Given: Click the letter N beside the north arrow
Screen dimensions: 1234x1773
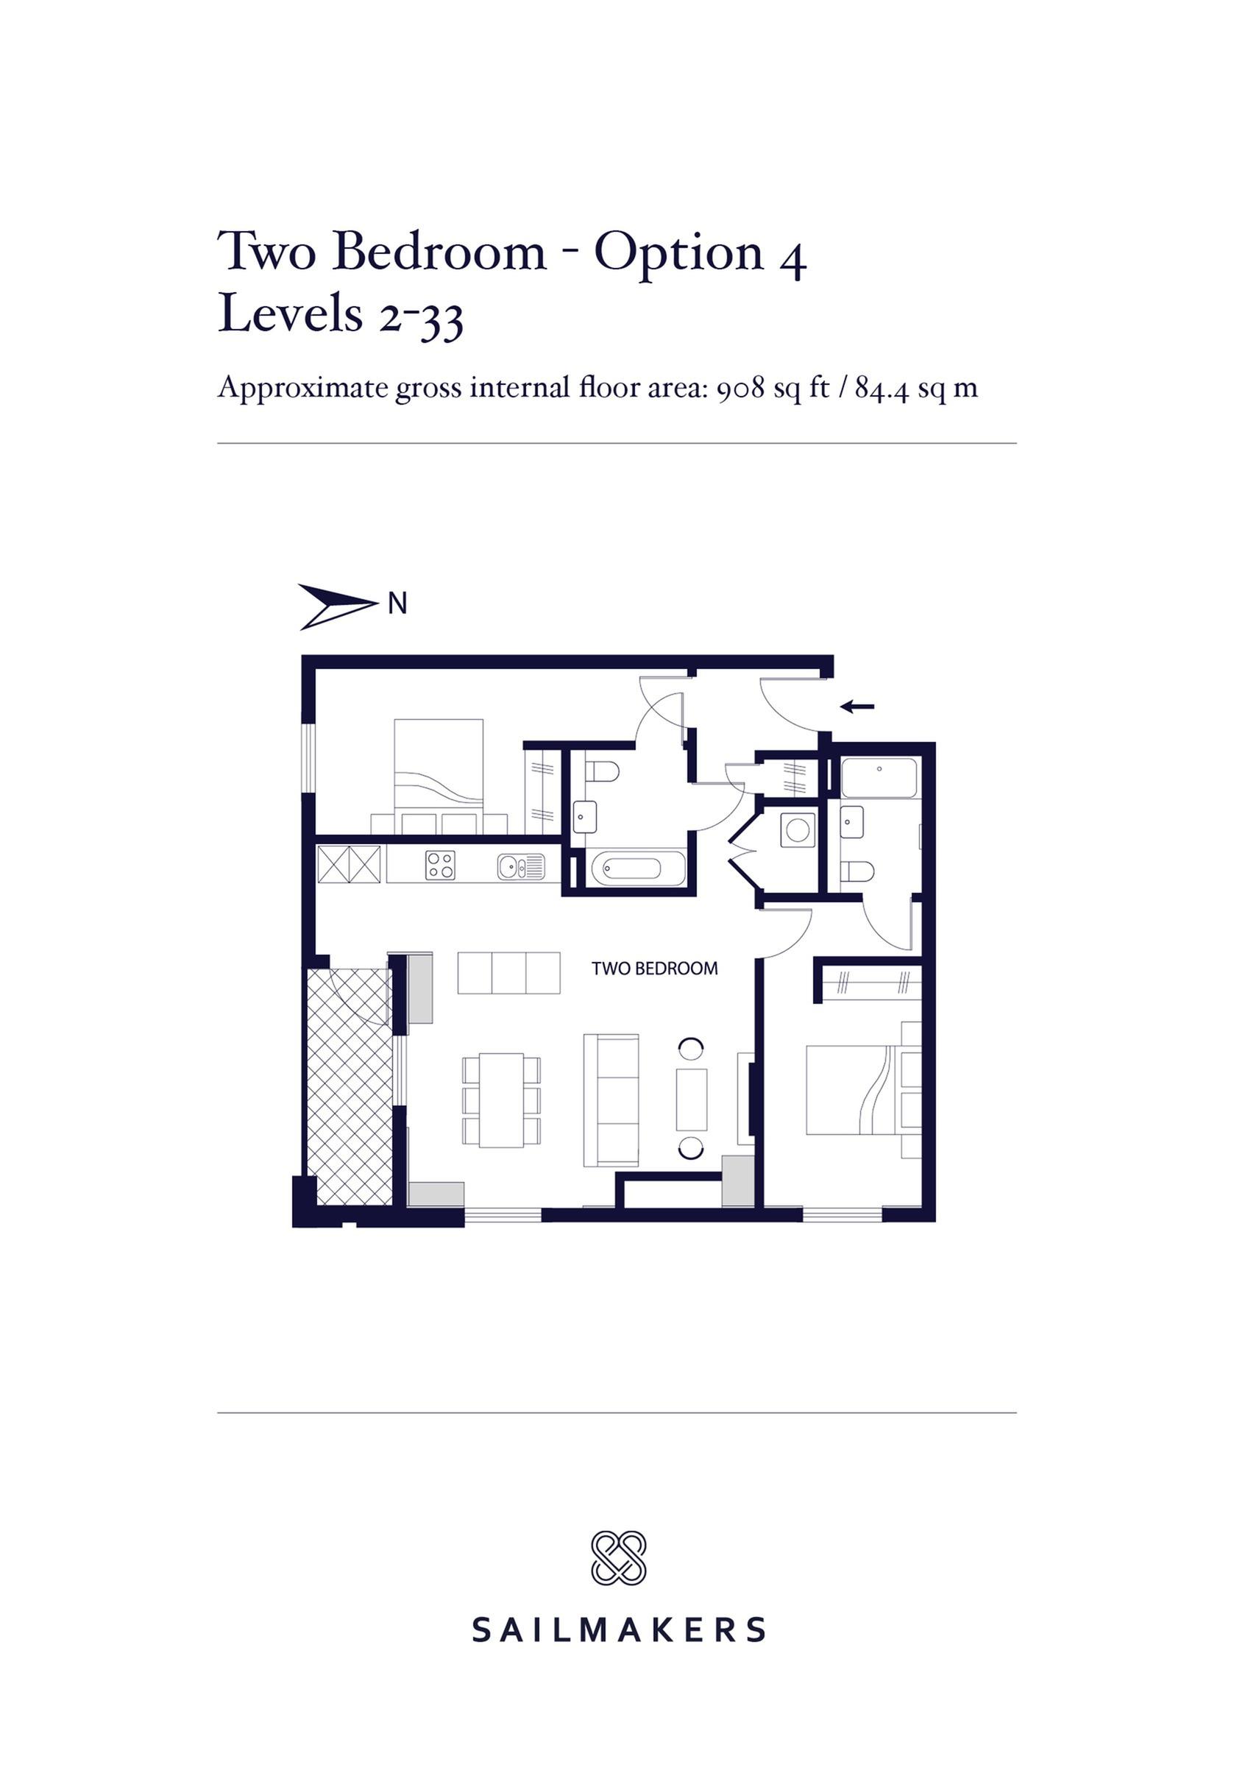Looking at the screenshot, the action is (x=397, y=603).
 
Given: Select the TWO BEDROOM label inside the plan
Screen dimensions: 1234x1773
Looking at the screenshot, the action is (x=654, y=969).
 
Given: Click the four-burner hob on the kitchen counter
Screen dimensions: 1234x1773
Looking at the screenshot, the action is (x=440, y=865).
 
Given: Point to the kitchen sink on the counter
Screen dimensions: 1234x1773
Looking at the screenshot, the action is (x=520, y=866).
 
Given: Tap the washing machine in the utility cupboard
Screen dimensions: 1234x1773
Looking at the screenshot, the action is (x=797, y=830).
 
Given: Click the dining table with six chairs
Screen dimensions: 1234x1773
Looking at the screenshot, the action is (x=501, y=1100).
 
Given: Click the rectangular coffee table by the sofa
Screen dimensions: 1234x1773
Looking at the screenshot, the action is (x=691, y=1100).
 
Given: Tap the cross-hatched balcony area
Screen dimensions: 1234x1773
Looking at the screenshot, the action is (x=350, y=1085).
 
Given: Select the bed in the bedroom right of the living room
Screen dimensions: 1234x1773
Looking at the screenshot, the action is (x=854, y=1089).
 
